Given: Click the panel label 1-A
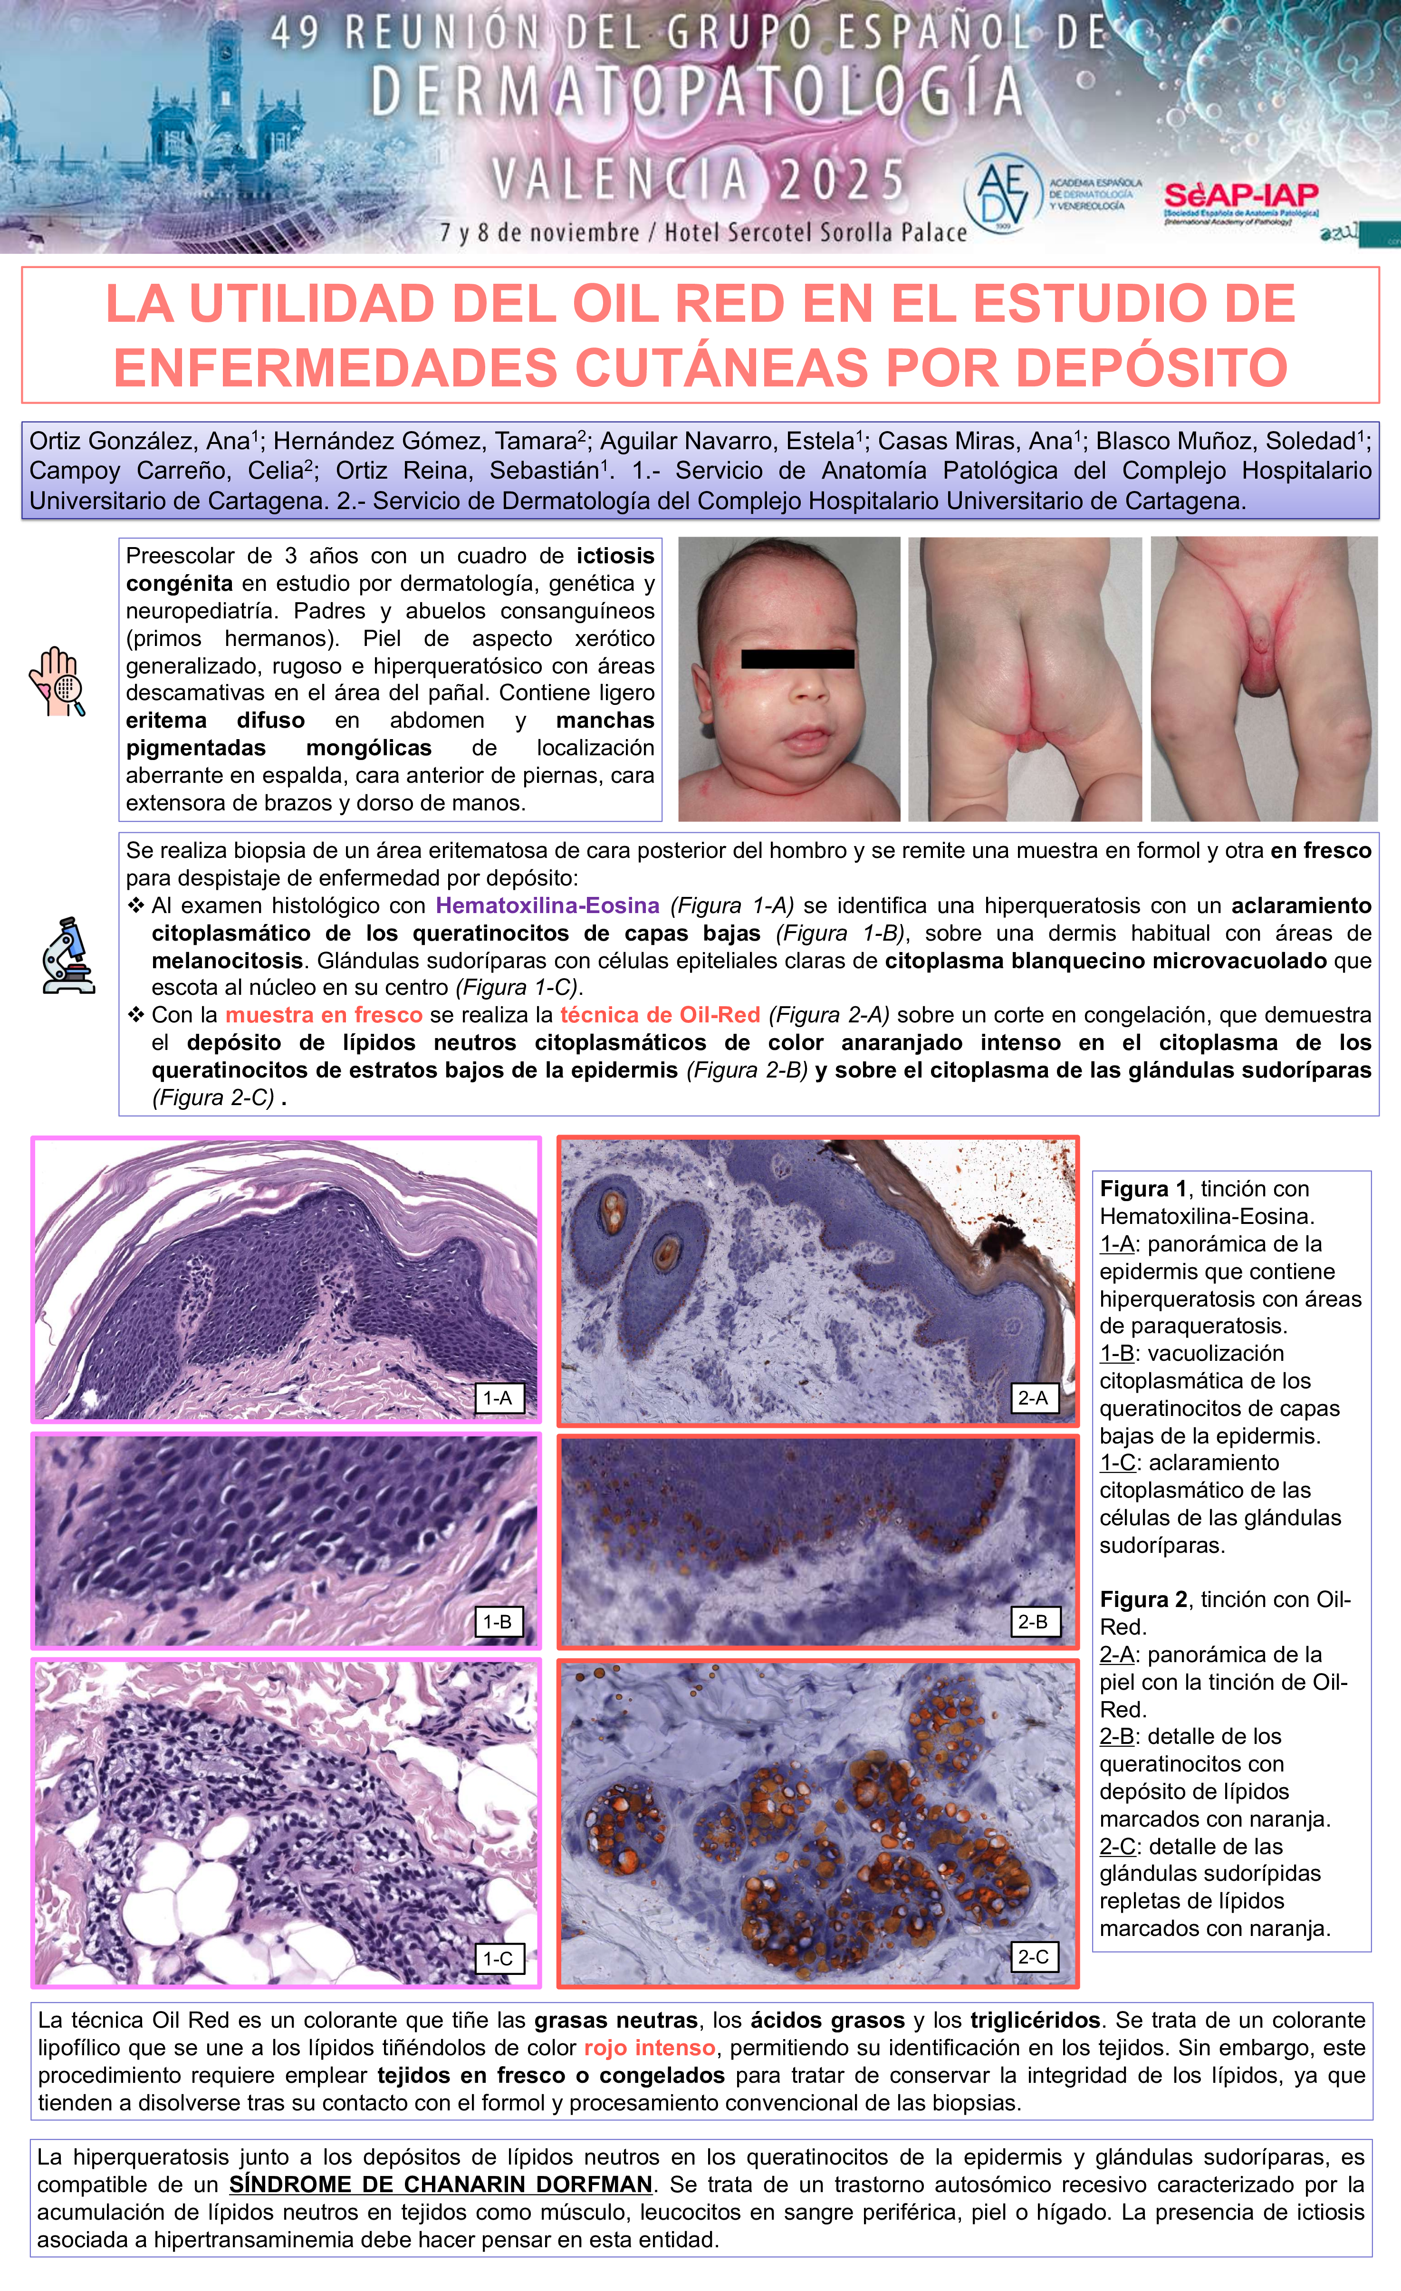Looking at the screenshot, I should pyautogui.click(x=498, y=1397).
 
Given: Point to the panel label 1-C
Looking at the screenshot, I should pyautogui.click(x=498, y=1958).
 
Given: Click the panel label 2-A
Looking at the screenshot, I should pyautogui.click(x=1033, y=1397).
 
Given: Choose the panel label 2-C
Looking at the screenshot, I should pyautogui.click(x=1033, y=1956).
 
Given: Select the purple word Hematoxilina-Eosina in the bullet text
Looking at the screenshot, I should pyautogui.click(x=547, y=905).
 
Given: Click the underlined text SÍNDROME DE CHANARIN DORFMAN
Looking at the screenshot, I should pyautogui.click(x=441, y=2184).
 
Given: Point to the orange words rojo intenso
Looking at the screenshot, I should pyautogui.click(x=649, y=2047).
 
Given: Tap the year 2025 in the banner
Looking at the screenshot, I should pyautogui.click(x=841, y=180).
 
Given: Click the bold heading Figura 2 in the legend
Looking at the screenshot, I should pyautogui.click(x=1143, y=1599).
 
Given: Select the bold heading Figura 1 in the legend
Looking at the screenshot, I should pyautogui.click(x=1143, y=1188).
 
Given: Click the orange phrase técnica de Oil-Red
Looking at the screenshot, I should pyautogui.click(x=660, y=1015).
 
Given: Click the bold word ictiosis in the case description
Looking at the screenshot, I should pyautogui.click(x=615, y=556).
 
